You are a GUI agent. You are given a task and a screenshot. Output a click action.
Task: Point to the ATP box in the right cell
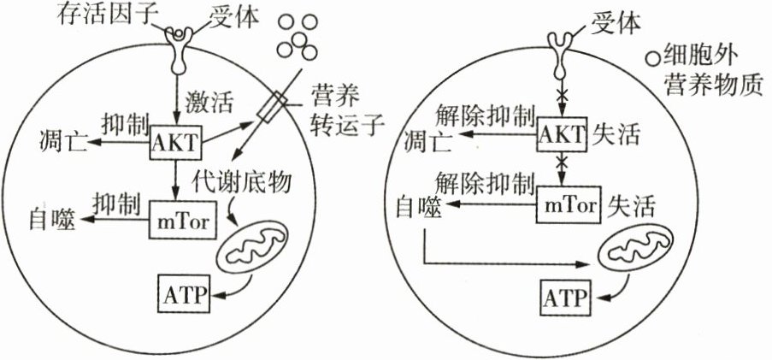click(569, 297)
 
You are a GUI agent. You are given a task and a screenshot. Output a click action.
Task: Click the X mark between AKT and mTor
click(563, 162)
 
